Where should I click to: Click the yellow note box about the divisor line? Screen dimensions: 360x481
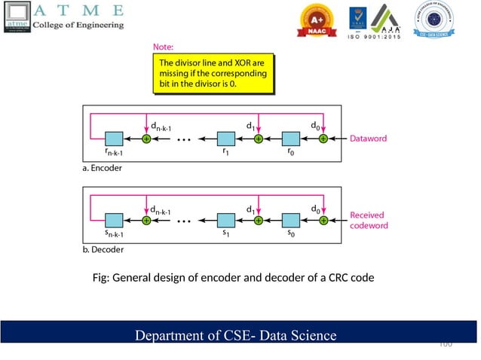pos(213,75)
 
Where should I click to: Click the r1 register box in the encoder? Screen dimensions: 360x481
pos(226,139)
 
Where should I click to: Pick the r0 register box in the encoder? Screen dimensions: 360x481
pos(291,139)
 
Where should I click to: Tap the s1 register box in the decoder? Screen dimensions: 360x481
pos(226,221)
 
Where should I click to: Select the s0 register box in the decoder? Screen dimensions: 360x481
pos(291,221)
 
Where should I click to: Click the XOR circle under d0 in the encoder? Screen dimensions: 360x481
pos(323,139)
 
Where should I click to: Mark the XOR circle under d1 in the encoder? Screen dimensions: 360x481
pos(258,139)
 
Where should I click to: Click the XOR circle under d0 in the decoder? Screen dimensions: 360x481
pos(323,221)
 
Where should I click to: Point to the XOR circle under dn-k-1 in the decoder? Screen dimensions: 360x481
pos(146,221)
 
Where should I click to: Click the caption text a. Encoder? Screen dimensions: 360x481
pos(103,168)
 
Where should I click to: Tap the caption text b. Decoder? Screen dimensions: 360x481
pos(103,249)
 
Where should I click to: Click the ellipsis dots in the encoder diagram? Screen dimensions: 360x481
pos(185,139)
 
